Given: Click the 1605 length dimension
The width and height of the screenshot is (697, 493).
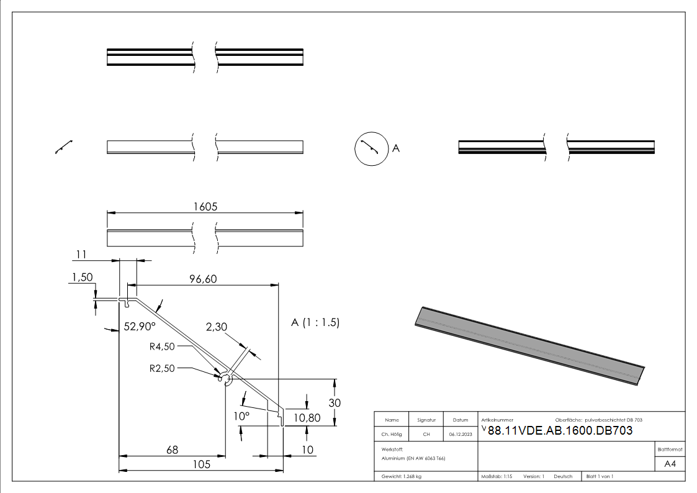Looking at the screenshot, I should tap(205, 207).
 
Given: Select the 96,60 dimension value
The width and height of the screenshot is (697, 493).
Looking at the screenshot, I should tap(202, 279).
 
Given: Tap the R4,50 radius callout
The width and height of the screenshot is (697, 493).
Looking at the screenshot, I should tap(162, 346).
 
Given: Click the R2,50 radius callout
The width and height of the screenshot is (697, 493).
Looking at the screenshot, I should tap(162, 368).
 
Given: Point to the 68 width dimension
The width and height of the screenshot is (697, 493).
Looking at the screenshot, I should tap(172, 450).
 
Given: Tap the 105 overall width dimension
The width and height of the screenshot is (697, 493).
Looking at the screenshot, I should tap(201, 464).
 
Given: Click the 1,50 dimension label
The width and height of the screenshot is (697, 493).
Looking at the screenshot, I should tap(82, 278).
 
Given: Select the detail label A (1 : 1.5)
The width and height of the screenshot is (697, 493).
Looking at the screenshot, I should tap(315, 323).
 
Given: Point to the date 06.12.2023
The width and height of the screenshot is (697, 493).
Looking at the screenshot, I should tap(460, 435).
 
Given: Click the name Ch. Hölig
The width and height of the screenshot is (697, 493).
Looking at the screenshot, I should tap(392, 435).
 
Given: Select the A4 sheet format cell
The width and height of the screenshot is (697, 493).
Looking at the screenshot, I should tap(670, 464).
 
